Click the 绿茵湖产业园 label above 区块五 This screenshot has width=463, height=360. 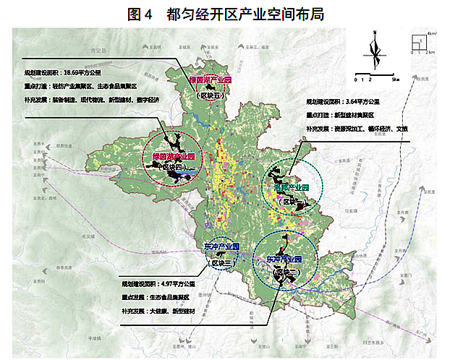pyautogui.click(x=208, y=80)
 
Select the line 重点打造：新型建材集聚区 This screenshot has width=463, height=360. pyautogui.click(x=343, y=115)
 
